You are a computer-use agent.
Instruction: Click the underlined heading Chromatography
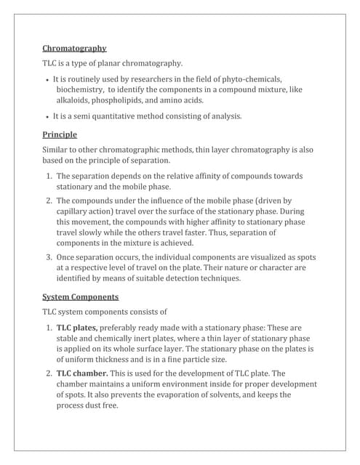74,49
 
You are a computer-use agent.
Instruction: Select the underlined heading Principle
60,134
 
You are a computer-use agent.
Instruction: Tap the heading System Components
81,296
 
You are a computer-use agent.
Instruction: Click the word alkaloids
76,100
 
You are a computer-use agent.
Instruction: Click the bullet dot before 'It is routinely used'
47,79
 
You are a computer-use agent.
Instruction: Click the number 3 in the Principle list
48,257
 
